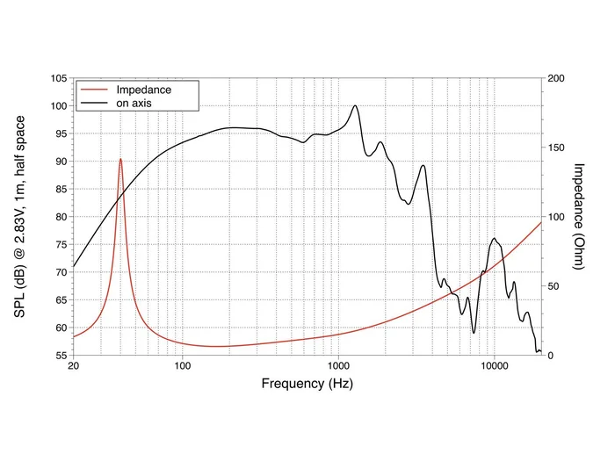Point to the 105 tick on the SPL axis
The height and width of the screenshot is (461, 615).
(57, 78)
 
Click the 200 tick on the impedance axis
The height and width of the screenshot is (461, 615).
(557, 78)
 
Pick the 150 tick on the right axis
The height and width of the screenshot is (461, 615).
(557, 148)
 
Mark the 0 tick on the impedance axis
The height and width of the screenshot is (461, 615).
(551, 356)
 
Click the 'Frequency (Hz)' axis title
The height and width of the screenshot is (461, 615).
(307, 384)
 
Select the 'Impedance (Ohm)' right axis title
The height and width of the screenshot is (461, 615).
(580, 216)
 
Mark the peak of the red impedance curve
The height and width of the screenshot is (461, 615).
(121, 159)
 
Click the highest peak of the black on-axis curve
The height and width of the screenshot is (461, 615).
(355, 105)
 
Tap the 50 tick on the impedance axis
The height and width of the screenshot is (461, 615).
(554, 286)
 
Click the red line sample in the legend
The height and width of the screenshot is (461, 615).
(95, 90)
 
